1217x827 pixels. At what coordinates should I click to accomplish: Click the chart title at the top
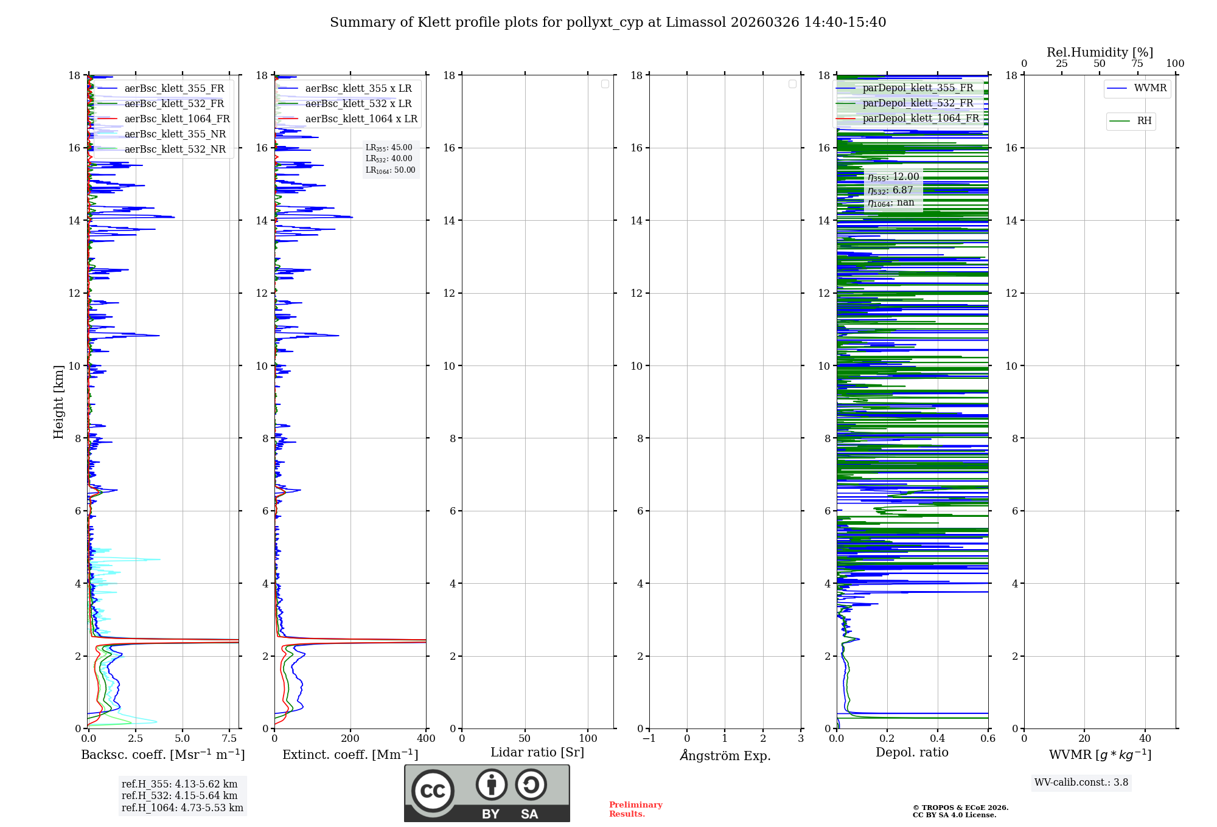point(608,22)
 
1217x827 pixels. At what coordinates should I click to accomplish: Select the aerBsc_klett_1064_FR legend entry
point(176,119)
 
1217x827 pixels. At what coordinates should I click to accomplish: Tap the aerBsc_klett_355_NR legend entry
point(175,134)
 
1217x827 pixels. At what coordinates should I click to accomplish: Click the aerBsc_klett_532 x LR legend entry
point(358,104)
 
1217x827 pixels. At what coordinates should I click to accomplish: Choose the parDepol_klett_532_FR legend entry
point(918,103)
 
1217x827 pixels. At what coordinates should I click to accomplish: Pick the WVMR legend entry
point(1150,88)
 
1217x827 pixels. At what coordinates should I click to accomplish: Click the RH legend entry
point(1144,121)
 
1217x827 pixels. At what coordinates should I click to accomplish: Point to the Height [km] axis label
point(58,402)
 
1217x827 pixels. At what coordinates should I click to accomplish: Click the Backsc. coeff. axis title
point(162,755)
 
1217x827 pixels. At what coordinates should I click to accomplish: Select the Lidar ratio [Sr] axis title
point(537,753)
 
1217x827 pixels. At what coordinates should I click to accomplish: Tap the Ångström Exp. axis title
point(725,756)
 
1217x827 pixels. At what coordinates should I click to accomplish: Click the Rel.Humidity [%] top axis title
point(1100,52)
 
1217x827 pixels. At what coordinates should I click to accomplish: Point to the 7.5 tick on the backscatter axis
point(229,739)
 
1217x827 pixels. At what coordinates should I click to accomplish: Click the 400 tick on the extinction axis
point(426,739)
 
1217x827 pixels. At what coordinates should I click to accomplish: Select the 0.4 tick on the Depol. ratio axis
point(938,739)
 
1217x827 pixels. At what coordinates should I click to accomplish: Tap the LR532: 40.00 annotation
point(389,159)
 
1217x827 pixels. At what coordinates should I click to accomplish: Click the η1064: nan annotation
point(891,203)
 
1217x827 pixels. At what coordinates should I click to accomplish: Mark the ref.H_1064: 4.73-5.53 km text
point(182,808)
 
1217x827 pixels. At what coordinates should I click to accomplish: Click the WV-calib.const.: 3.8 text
point(1081,783)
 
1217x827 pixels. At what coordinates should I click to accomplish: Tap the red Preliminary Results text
point(635,809)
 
